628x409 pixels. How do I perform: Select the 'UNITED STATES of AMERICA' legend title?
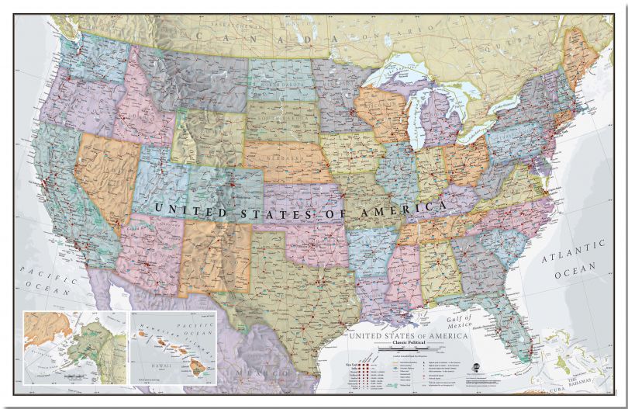pyautogui.click(x=408, y=335)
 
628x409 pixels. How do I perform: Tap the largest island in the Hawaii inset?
pyautogui.click(x=198, y=370)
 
